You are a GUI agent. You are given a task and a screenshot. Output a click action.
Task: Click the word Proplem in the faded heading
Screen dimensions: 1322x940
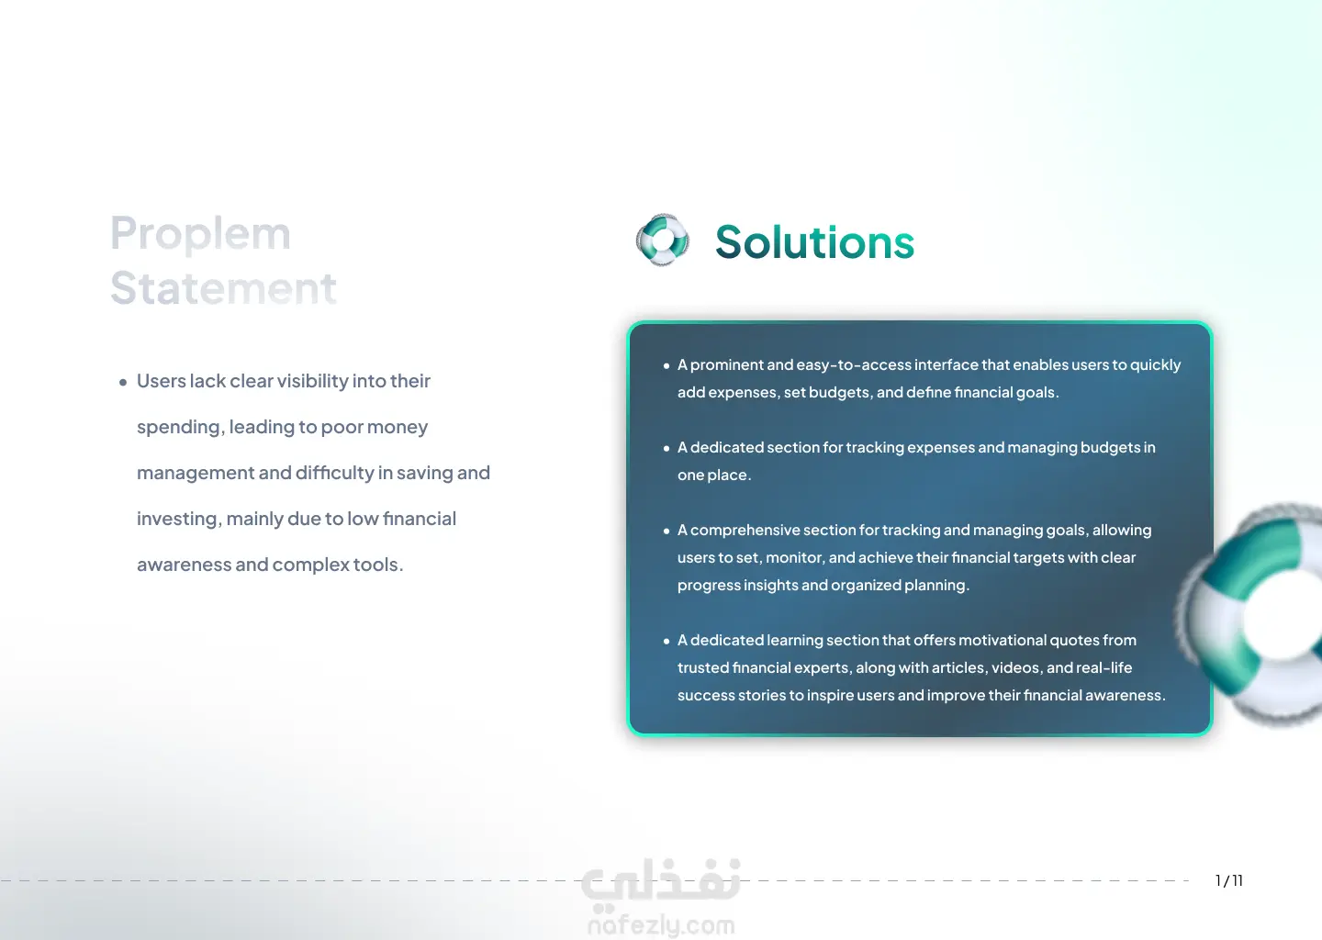200,234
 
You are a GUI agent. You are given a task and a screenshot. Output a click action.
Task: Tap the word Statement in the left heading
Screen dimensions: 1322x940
223,288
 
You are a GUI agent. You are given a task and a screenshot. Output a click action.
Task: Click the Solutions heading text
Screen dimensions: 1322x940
814,242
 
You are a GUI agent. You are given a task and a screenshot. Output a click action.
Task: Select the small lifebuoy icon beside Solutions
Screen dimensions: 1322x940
662,240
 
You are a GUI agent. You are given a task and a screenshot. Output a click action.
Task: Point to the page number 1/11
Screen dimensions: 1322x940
1229,880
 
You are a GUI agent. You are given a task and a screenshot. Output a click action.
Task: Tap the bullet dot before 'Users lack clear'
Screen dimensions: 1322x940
123,383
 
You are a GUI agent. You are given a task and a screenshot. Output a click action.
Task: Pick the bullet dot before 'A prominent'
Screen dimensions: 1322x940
667,366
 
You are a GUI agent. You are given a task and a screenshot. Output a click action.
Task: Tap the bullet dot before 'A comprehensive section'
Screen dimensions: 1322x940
667,532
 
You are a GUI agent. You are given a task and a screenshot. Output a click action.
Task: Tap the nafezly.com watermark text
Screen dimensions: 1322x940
662,925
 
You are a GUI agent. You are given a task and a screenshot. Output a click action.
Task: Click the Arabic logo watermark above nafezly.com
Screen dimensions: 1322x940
660,879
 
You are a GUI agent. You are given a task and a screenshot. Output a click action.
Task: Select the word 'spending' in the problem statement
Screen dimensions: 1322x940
179,427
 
